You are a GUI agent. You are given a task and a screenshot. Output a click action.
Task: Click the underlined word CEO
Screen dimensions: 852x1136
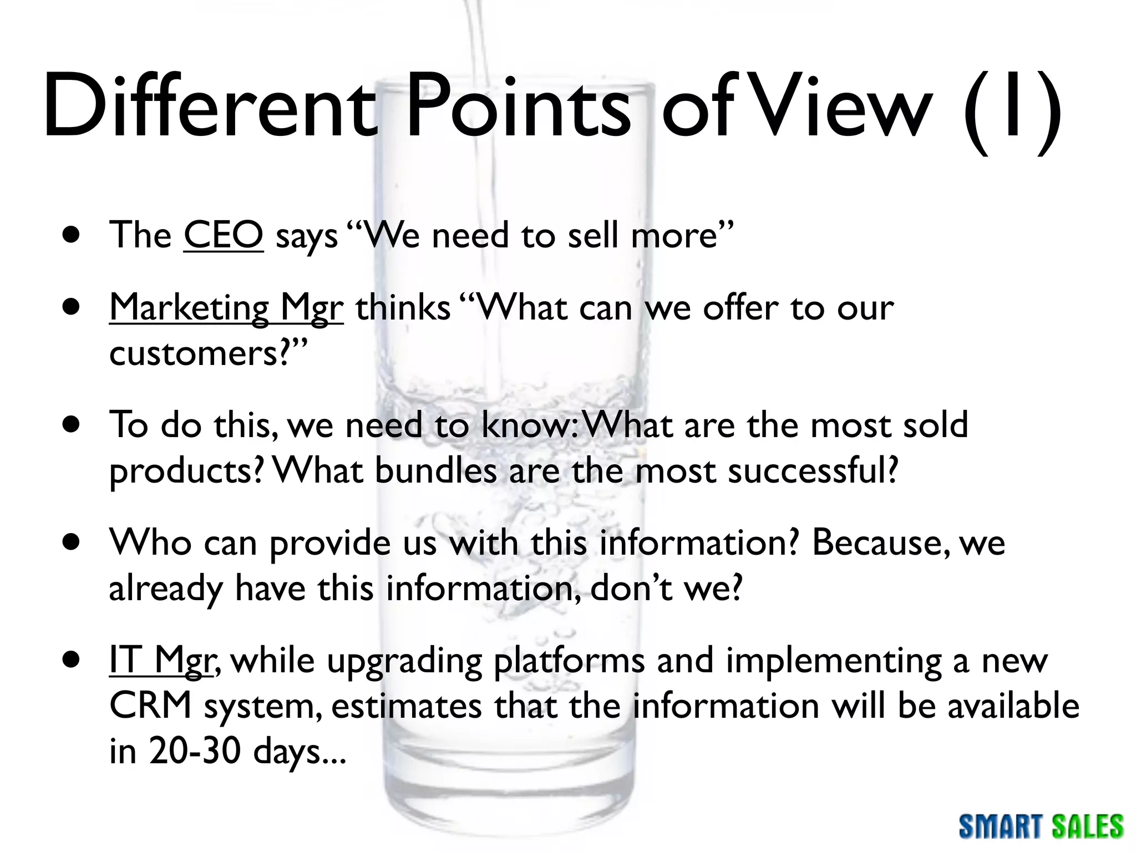pyautogui.click(x=223, y=235)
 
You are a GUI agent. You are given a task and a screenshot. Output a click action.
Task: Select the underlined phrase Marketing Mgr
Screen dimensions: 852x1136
pyautogui.click(x=226, y=307)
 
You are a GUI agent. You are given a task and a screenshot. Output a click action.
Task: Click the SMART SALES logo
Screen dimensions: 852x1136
pyautogui.click(x=1041, y=826)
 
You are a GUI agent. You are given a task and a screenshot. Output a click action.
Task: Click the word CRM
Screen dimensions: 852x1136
pyautogui.click(x=150, y=706)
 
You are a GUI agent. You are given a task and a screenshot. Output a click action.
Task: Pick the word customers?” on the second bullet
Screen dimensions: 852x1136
pyautogui.click(x=208, y=353)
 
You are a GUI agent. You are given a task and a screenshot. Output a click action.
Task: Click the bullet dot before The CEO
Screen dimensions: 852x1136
pyautogui.click(x=71, y=235)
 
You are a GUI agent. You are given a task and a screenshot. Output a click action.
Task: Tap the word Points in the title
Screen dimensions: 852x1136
pyautogui.click(x=519, y=106)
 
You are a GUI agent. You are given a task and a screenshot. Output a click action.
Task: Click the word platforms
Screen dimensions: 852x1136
pyautogui.click(x=569, y=661)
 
